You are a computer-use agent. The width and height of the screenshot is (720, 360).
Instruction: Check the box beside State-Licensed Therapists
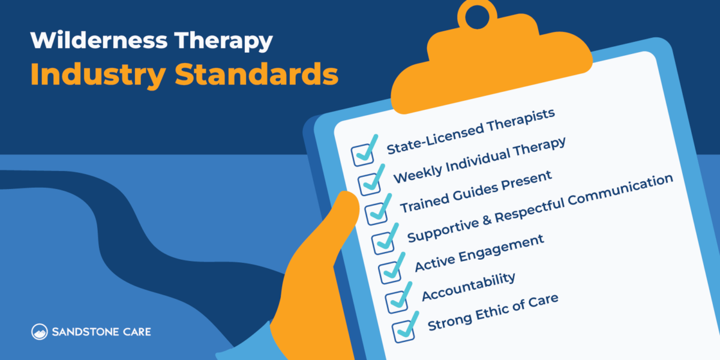coord(362,154)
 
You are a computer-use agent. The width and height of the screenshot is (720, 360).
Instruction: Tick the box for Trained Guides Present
coord(376,212)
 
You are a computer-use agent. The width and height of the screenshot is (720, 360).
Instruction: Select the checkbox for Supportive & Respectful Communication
coord(383,242)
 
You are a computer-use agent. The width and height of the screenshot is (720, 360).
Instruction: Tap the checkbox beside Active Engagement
coord(390,271)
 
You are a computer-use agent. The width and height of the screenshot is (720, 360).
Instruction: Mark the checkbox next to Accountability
coord(397,300)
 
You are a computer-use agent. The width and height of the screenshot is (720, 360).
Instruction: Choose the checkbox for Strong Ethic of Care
coord(404,329)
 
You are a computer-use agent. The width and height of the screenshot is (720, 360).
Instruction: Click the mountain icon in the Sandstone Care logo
coord(40,331)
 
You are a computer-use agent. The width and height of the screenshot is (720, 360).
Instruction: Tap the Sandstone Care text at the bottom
coord(101,331)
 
